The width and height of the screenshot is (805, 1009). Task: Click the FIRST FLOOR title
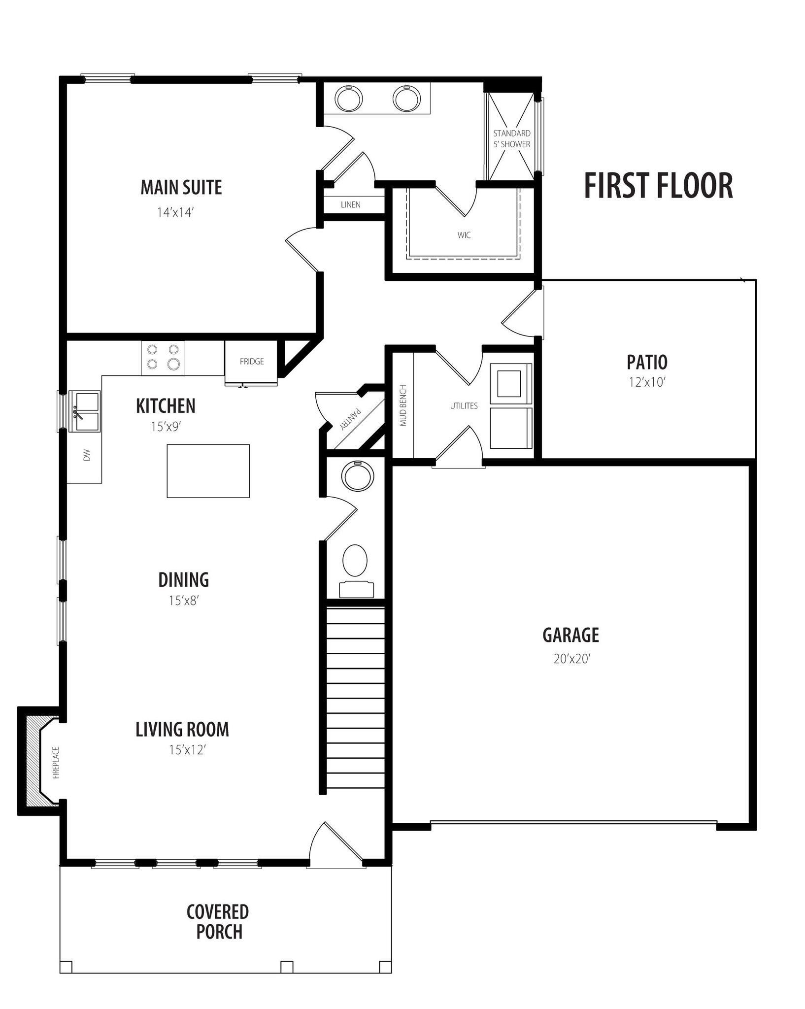[658, 186]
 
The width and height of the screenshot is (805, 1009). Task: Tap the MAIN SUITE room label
[181, 187]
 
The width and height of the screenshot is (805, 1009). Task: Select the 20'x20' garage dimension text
[571, 659]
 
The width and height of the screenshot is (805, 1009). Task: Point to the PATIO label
[647, 362]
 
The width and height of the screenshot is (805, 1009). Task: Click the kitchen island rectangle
[208, 471]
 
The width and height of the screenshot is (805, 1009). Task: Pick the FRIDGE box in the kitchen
[251, 362]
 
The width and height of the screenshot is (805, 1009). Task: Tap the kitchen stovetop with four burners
[163, 357]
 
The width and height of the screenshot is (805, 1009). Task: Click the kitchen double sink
[84, 411]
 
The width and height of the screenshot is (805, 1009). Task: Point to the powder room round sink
[358, 476]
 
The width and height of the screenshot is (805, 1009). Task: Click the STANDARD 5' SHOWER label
[512, 139]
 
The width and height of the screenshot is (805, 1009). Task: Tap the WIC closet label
[464, 235]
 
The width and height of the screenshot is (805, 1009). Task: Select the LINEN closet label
[351, 204]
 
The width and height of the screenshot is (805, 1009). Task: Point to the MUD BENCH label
[403, 405]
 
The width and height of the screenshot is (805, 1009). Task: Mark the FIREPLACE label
[56, 763]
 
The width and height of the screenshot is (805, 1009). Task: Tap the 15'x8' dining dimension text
[184, 601]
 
